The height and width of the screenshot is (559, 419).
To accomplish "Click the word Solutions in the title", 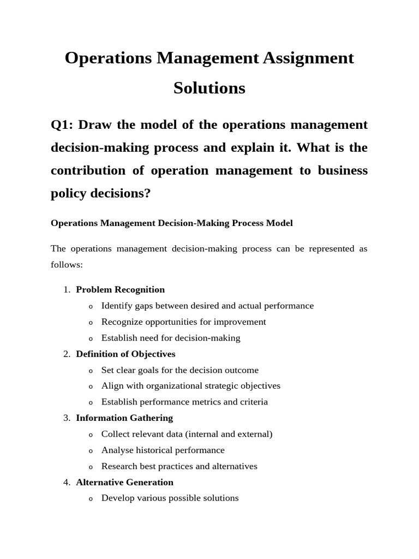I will tap(209, 88).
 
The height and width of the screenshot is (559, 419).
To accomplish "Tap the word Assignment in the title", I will tap(307, 58).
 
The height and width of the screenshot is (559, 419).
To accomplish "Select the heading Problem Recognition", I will tap(120, 289).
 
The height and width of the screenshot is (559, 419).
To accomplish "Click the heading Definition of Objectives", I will tap(125, 354).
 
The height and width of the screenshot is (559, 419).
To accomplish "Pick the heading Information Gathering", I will tap(124, 418).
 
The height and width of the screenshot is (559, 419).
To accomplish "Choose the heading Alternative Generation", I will tap(124, 482).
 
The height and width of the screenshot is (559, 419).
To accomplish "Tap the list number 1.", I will tap(66, 289).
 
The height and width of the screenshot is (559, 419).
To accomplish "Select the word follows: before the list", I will tap(67, 265).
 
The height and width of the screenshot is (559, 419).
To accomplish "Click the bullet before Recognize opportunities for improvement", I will tap(91, 322).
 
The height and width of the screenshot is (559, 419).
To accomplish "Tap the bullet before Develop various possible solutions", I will tap(91, 498).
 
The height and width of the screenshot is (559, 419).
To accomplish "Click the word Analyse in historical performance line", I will tap(117, 450).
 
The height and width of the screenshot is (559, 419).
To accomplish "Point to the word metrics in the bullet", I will tap(205, 402).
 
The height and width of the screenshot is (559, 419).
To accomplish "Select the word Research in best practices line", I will tap(119, 466).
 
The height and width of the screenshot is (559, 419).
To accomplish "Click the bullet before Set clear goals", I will tap(91, 371).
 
